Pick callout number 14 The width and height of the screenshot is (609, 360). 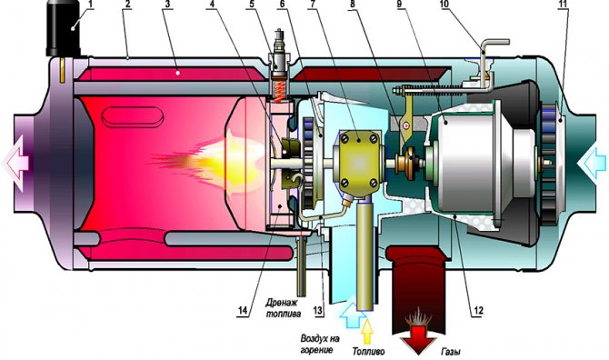pos(243,309)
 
